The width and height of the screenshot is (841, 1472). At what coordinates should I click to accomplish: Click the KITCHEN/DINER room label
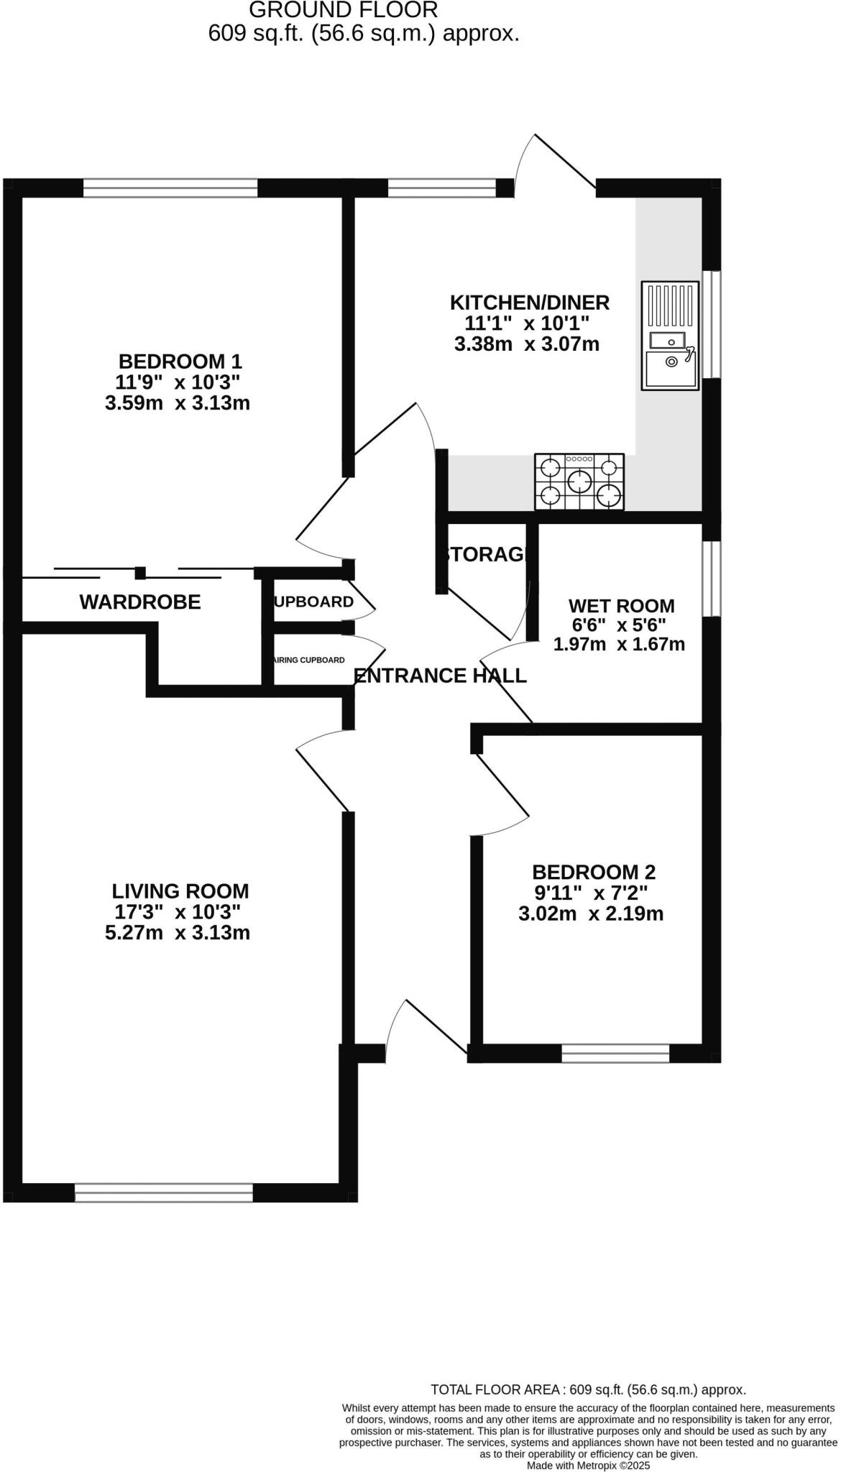point(529,303)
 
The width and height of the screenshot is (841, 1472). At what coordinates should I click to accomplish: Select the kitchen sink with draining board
point(669,336)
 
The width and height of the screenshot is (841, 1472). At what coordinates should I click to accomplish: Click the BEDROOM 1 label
point(180,361)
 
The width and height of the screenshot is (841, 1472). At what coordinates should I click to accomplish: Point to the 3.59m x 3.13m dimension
point(178,403)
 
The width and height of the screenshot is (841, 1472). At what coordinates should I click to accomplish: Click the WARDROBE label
point(140,602)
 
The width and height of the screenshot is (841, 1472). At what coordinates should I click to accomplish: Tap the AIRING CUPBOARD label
point(309,660)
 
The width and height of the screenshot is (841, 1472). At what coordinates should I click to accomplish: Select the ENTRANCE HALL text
point(440,676)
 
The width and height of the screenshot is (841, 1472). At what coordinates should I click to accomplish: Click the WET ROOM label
point(621,606)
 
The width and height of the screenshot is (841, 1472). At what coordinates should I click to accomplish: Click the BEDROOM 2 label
point(594,873)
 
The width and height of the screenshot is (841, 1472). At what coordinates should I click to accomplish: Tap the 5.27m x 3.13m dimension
point(178,933)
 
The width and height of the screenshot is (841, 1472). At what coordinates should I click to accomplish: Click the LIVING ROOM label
point(180,891)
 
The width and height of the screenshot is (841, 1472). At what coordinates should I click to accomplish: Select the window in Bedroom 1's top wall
point(170,188)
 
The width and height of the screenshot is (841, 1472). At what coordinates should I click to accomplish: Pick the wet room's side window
point(711,579)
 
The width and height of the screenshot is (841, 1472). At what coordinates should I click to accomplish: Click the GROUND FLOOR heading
point(343,10)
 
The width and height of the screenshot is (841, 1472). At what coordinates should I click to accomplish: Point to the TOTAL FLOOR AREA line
point(587,1390)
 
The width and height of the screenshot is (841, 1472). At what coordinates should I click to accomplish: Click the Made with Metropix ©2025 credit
point(589,1465)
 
